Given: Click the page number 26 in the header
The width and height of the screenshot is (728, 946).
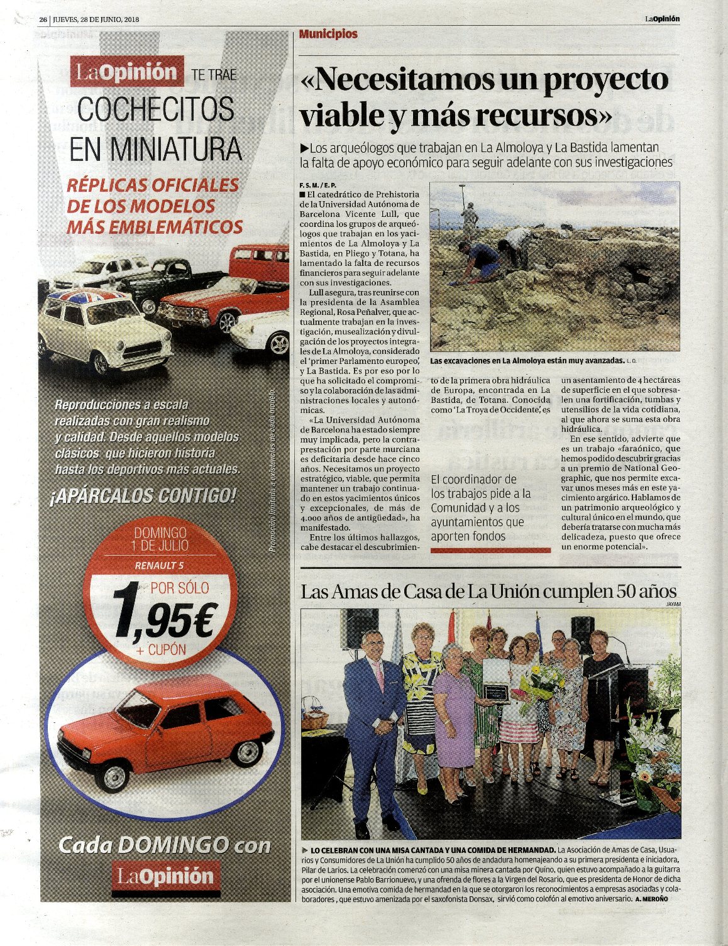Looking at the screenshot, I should [x=43, y=19].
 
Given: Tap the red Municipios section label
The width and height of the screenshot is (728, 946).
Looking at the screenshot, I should [x=328, y=34].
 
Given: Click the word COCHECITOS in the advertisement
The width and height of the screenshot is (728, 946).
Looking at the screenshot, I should [x=156, y=109].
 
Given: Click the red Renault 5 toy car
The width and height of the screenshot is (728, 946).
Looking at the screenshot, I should [x=165, y=729].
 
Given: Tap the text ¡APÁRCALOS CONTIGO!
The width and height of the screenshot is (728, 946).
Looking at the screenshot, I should [x=143, y=496].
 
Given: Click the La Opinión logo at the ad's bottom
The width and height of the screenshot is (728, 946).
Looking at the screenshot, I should [x=167, y=876].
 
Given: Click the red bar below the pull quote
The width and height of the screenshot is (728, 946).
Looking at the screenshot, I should [x=490, y=550].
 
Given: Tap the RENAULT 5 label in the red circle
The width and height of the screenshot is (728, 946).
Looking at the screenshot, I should [x=159, y=565].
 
